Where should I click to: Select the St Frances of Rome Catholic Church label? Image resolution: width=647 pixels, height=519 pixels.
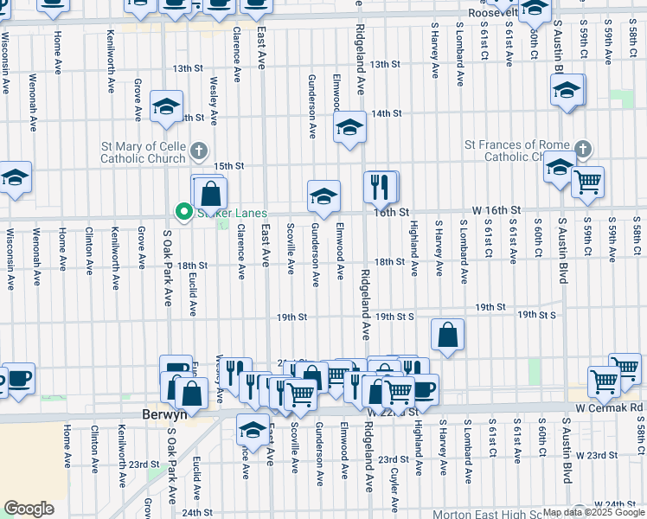[518, 151]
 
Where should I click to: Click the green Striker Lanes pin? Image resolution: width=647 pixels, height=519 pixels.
[183, 210]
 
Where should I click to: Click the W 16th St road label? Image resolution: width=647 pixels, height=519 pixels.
[496, 210]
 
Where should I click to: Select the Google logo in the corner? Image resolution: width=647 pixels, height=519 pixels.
[29, 509]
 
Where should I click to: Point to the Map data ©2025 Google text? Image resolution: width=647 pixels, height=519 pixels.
[594, 512]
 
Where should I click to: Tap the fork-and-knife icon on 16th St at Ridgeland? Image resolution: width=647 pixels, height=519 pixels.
[380, 185]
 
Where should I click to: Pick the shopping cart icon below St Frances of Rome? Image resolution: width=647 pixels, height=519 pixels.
[587, 182]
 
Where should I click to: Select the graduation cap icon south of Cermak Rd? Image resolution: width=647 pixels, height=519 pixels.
[253, 428]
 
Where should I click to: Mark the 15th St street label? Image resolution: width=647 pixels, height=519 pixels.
[229, 166]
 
